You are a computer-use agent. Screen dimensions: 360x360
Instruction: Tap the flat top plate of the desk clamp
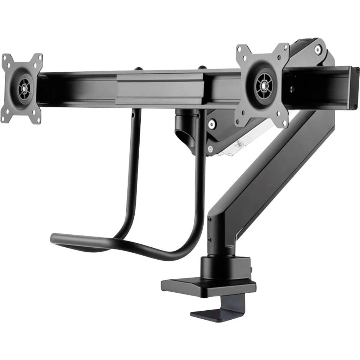[x=209, y=287]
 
